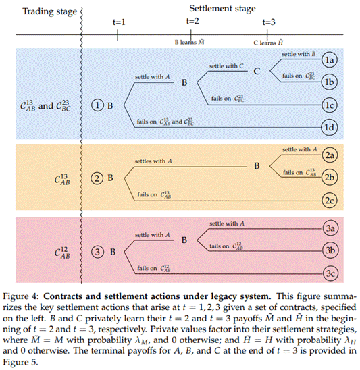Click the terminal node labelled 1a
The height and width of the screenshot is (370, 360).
click(x=330, y=59)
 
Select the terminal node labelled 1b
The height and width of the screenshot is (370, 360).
click(x=330, y=82)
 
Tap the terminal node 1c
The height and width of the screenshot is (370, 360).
click(x=330, y=106)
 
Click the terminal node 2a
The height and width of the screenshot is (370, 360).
click(x=330, y=155)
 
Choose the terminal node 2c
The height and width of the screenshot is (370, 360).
click(x=330, y=201)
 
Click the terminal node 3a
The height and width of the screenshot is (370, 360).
click(x=330, y=229)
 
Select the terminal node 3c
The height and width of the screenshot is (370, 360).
click(x=330, y=274)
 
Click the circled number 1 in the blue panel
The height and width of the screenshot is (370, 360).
click(x=98, y=106)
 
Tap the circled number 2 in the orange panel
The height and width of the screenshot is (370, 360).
click(x=98, y=178)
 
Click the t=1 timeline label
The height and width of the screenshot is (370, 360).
click(x=120, y=22)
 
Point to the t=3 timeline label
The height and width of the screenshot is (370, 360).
click(x=268, y=22)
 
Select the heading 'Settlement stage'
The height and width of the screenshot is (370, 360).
click(x=222, y=9)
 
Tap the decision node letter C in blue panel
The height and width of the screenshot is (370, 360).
click(x=257, y=71)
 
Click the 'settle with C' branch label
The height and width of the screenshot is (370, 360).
click(x=226, y=66)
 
